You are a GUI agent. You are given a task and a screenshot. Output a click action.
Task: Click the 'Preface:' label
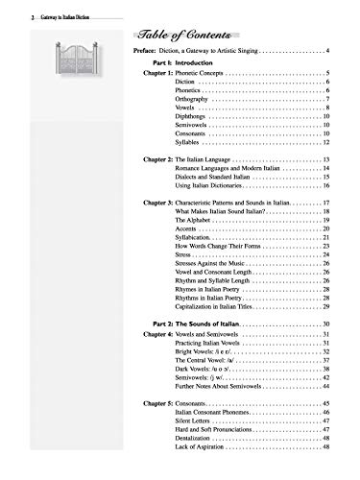coord(143,48)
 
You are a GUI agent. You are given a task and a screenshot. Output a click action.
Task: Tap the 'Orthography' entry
coord(197,100)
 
